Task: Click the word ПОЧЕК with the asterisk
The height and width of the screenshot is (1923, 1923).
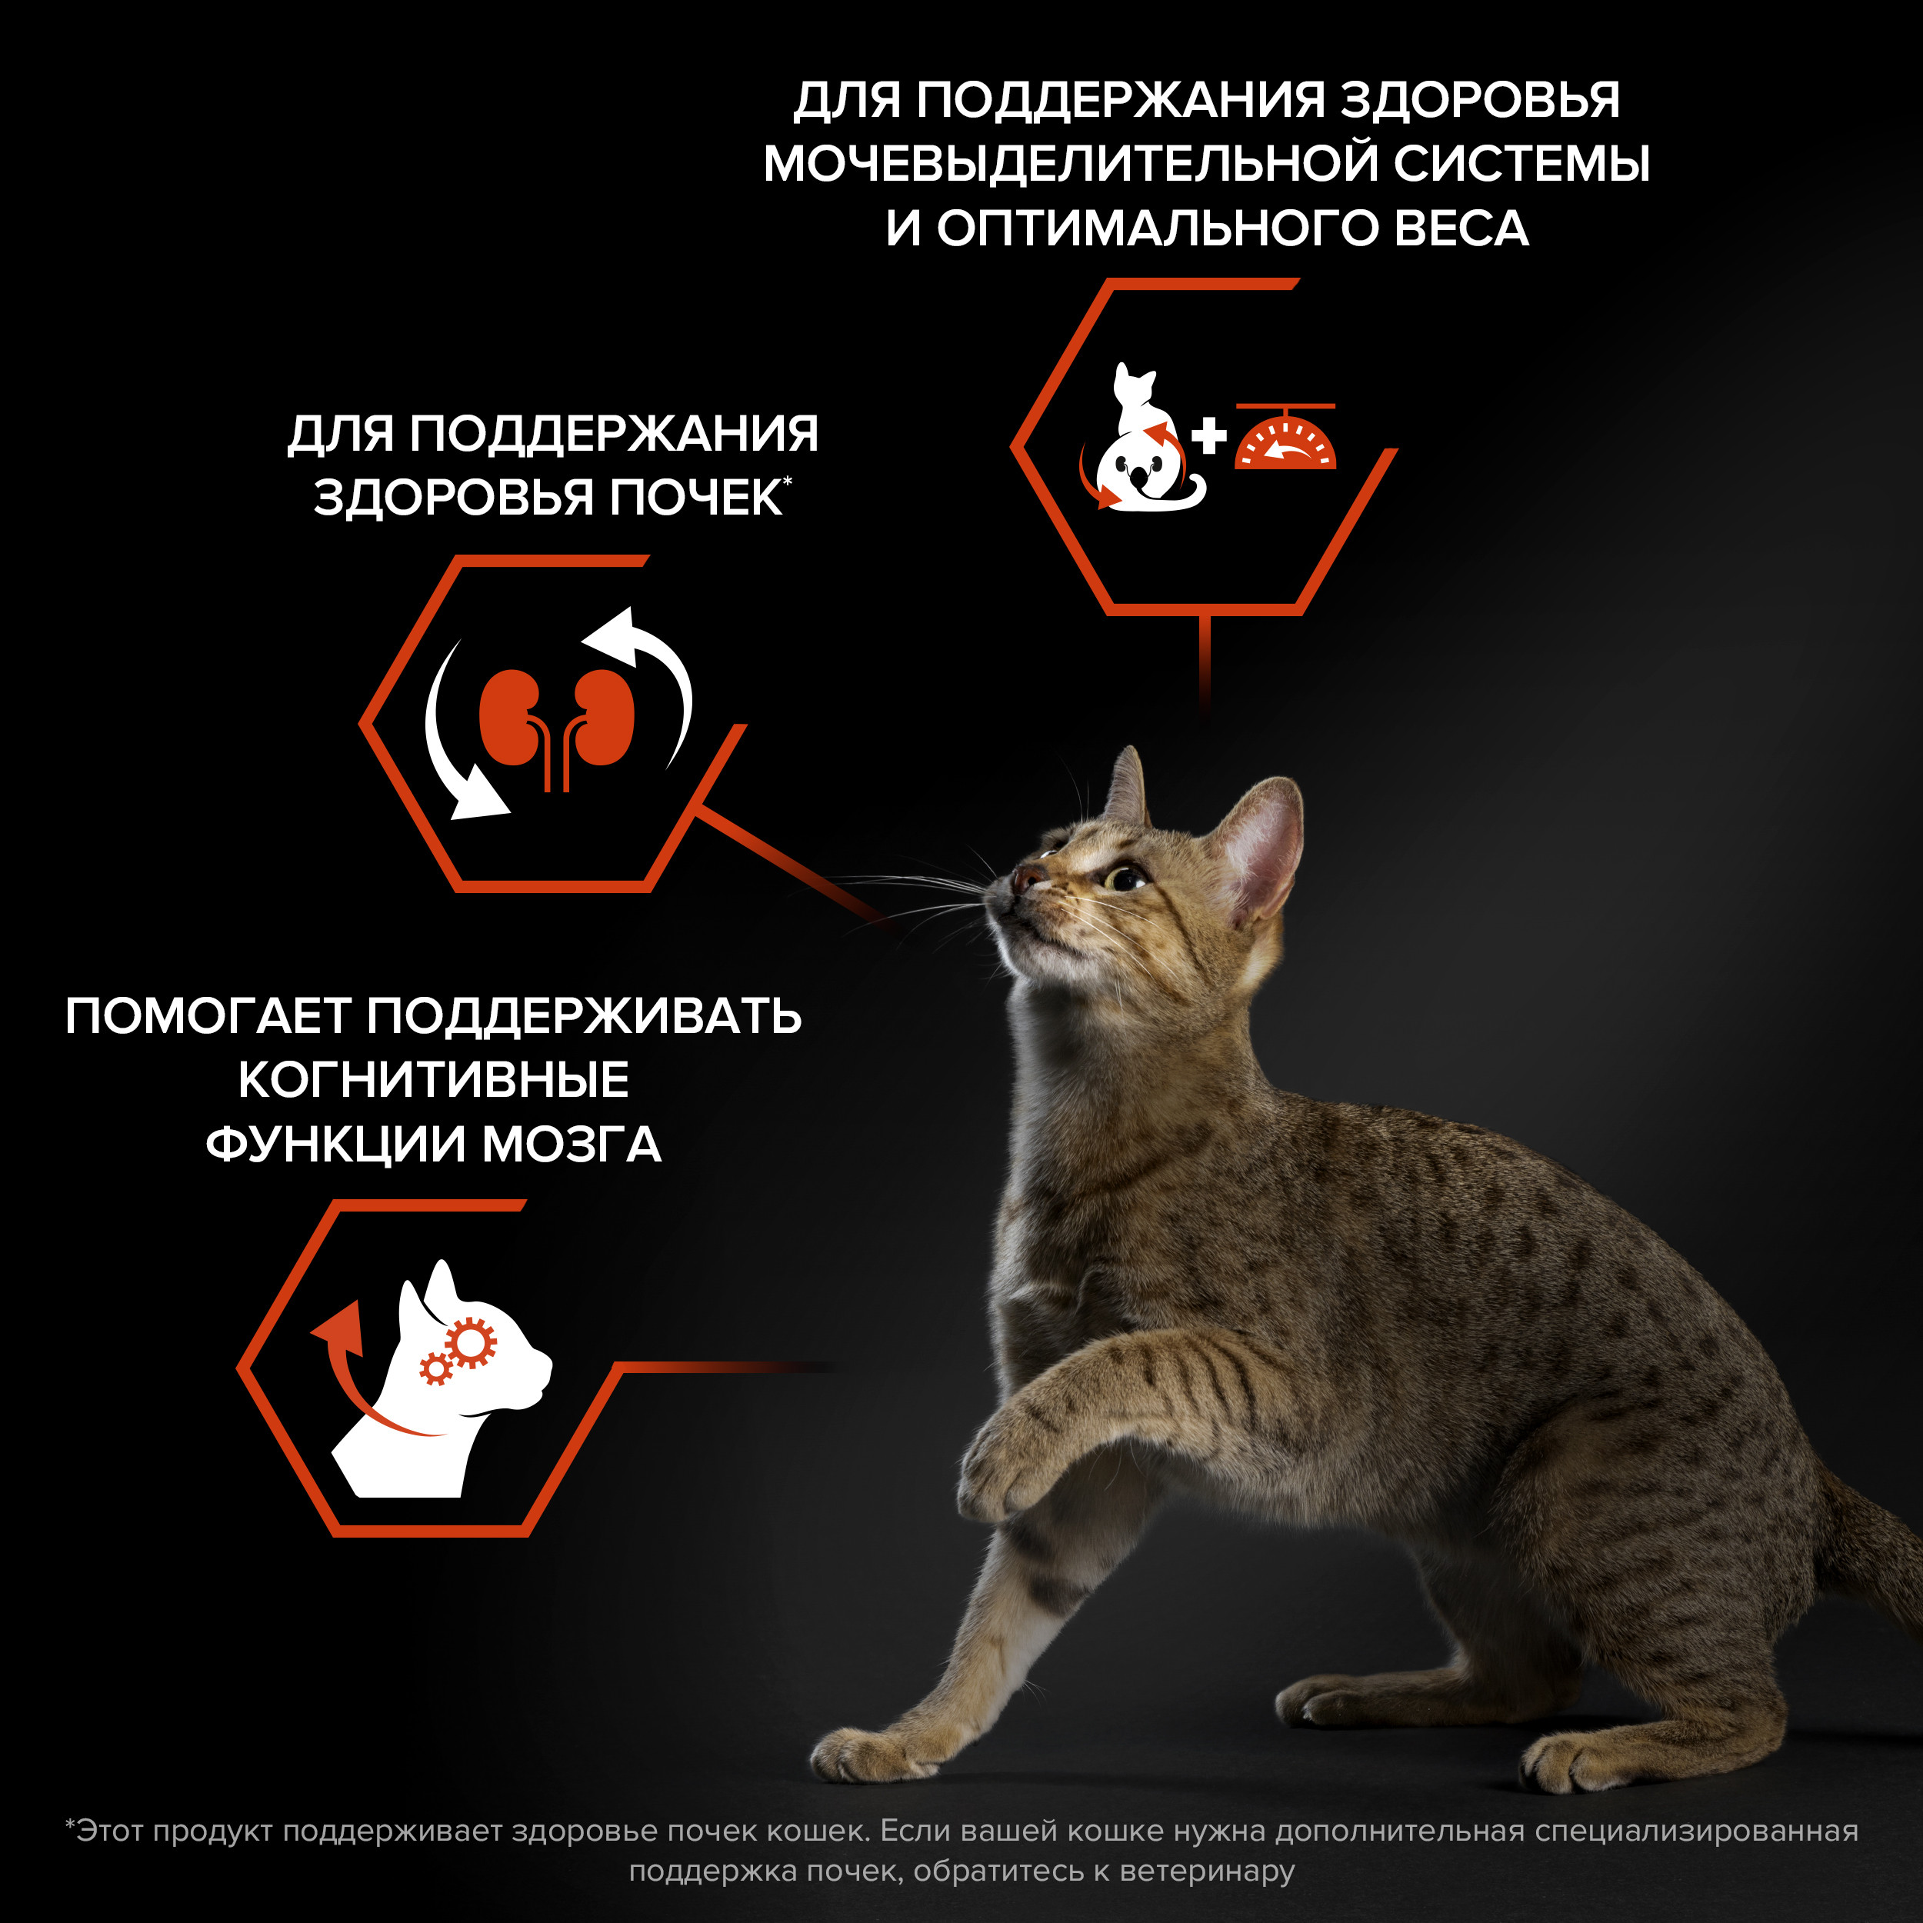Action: [696, 498]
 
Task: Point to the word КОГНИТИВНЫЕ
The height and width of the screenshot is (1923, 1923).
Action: [433, 1080]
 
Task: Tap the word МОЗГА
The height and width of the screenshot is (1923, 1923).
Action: [572, 1145]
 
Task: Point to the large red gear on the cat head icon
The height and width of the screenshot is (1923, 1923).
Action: [470, 1343]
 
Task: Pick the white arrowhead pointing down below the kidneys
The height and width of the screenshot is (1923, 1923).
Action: [478, 796]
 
